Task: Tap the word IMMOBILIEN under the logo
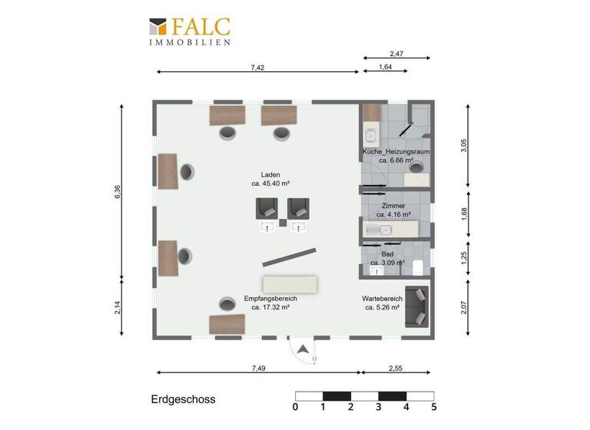[x=190, y=43]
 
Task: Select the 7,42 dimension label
[x=257, y=68]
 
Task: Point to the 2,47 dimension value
[x=396, y=54]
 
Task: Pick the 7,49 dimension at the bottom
[x=258, y=369]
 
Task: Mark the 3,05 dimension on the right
[x=463, y=146]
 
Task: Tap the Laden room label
[x=270, y=174]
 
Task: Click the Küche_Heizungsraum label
[x=396, y=152]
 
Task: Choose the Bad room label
[x=388, y=254]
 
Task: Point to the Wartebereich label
[x=383, y=298]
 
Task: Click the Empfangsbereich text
[x=270, y=298]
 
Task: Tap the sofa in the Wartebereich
[x=418, y=305]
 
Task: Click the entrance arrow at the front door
[x=304, y=349]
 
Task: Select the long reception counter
[x=290, y=284]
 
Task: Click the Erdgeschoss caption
[x=183, y=399]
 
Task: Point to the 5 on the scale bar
[x=434, y=408]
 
